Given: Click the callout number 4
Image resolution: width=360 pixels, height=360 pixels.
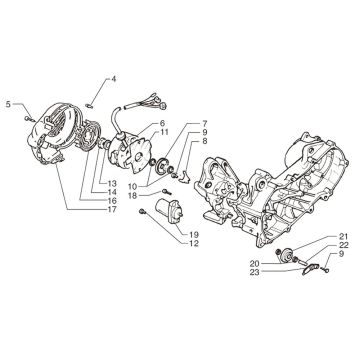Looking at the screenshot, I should (x=114, y=78).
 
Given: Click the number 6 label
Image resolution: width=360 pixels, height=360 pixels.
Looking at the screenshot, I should (x=162, y=122).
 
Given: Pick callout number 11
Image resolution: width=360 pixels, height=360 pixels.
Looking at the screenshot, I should (x=162, y=133).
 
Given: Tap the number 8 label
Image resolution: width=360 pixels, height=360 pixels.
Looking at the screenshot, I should (x=205, y=143).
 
